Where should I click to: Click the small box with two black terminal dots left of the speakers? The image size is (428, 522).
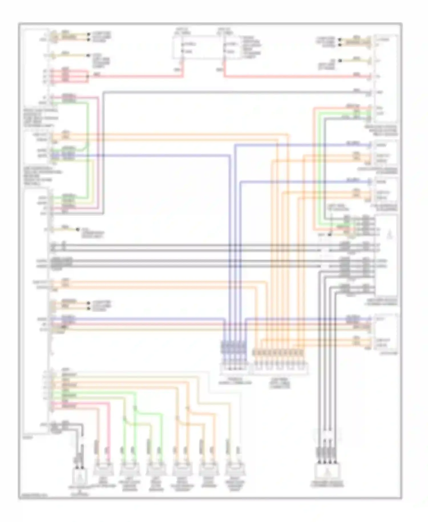tap(80, 475)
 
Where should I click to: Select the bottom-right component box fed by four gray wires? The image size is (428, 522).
tap(327, 472)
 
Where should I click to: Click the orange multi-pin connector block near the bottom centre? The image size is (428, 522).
tap(278, 353)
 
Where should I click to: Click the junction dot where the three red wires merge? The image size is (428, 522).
tap(88, 76)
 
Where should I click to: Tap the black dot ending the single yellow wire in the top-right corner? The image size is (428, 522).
tap(340, 61)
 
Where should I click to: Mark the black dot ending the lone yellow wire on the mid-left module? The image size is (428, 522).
tap(77, 229)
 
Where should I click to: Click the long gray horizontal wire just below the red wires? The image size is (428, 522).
tap(228, 92)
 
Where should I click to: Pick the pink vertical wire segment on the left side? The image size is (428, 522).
tap(98, 154)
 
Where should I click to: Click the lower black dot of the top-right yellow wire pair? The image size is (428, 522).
tap(340, 45)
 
